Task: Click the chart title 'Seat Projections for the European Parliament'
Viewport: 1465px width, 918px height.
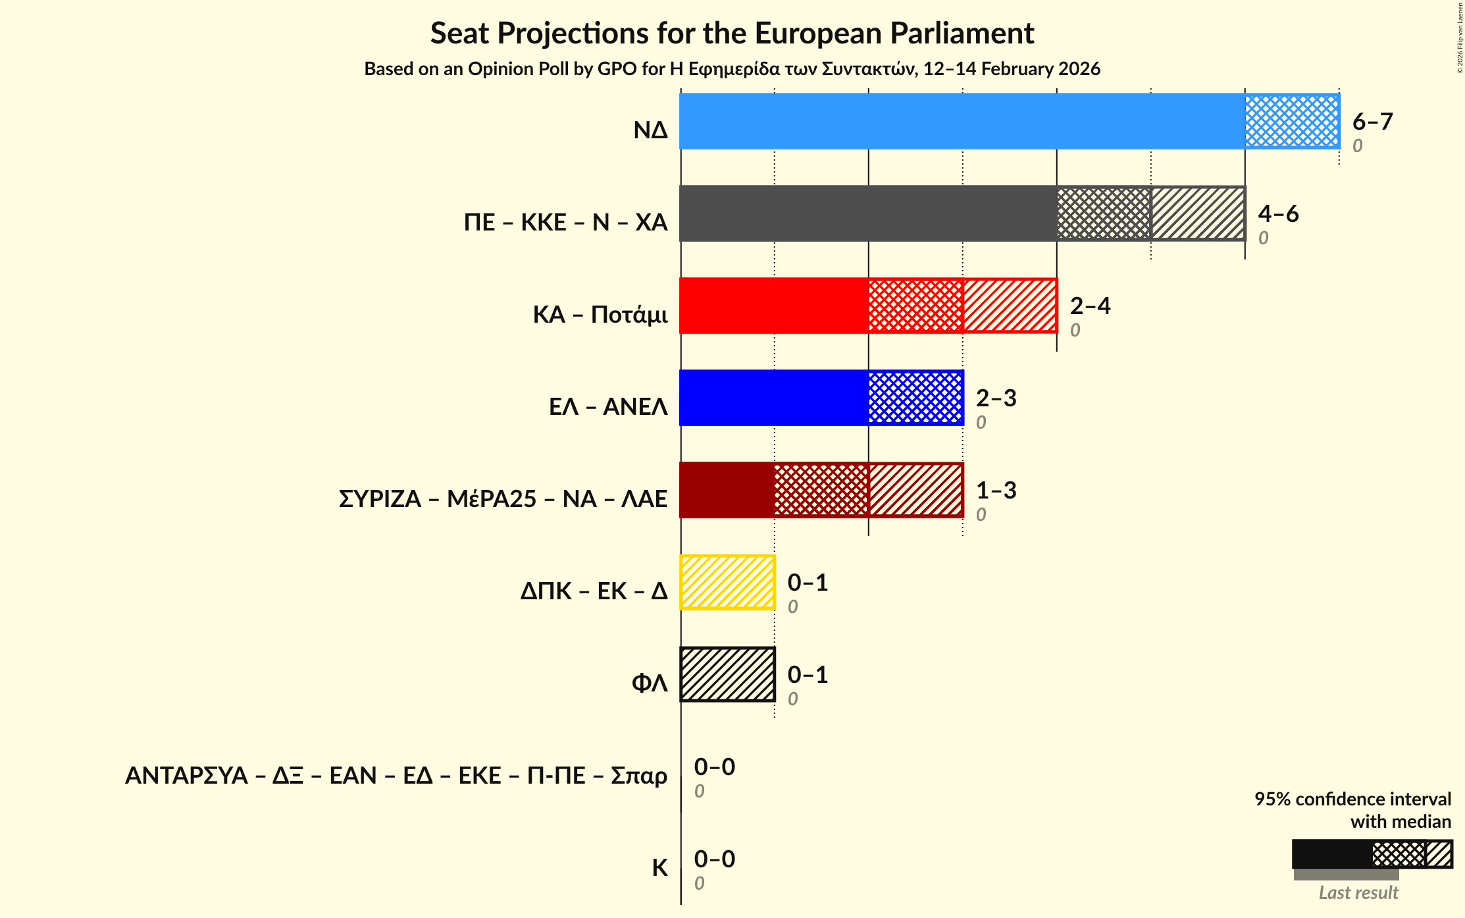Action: point(732,33)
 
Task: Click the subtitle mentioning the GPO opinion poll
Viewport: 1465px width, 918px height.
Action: point(732,69)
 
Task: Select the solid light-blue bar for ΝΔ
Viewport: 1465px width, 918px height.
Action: point(962,121)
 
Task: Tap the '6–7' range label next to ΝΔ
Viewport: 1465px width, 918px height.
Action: point(1372,122)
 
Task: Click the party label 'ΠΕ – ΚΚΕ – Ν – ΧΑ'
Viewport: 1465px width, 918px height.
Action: point(565,223)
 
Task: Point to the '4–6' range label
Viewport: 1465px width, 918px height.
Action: point(1278,214)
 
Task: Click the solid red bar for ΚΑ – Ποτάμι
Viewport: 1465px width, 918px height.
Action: point(774,306)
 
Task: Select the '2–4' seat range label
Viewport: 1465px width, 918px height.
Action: point(1090,306)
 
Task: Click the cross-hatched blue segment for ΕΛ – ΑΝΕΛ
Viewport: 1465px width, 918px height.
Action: point(915,398)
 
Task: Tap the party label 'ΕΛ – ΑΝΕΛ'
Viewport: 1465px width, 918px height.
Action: point(608,407)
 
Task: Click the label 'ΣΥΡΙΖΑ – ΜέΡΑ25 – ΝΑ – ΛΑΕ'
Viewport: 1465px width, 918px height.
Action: point(503,499)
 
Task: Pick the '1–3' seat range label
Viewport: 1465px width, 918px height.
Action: point(996,491)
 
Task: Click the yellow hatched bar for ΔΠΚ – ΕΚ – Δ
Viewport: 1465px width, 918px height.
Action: point(727,582)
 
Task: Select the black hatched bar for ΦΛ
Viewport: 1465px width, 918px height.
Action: point(727,674)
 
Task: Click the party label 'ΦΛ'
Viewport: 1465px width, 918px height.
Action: point(650,684)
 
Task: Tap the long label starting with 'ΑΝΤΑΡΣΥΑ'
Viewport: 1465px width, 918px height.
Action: point(396,776)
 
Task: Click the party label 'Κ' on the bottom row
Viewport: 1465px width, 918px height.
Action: point(659,868)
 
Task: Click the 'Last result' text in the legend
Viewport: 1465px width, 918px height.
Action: point(1358,893)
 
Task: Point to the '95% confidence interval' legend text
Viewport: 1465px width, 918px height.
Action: point(1352,799)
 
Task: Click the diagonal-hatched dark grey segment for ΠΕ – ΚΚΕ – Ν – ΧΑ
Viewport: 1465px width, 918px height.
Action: point(1198,213)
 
